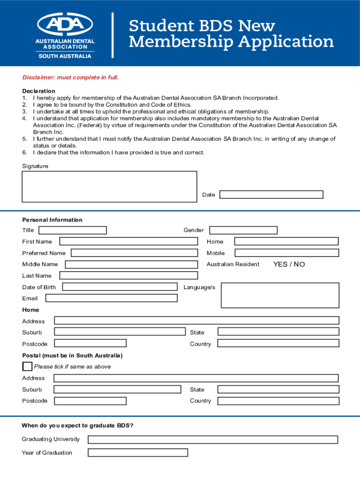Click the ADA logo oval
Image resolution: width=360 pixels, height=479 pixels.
65,24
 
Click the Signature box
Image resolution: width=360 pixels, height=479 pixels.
109,187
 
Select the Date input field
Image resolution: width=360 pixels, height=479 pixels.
271,195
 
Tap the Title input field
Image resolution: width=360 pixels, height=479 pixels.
72,230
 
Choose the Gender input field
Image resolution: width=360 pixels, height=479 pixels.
243,230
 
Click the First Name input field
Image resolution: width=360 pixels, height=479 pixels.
129,241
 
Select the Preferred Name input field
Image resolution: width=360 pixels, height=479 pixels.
134,253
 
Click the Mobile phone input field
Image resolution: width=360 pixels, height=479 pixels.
286,253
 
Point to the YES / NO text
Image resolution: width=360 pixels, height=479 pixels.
289,264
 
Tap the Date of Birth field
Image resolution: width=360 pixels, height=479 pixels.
120,287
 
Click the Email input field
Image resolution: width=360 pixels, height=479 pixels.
111,298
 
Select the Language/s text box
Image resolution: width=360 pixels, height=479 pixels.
280,295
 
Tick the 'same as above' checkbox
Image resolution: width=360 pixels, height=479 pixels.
28,366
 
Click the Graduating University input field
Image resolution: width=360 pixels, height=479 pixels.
213,440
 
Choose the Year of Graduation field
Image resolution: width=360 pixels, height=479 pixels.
137,452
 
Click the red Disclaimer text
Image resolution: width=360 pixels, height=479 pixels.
71,77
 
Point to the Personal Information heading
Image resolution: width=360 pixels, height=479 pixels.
52,220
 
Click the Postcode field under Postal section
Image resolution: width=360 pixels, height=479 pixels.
90,401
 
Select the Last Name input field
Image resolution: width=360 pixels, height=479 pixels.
129,276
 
